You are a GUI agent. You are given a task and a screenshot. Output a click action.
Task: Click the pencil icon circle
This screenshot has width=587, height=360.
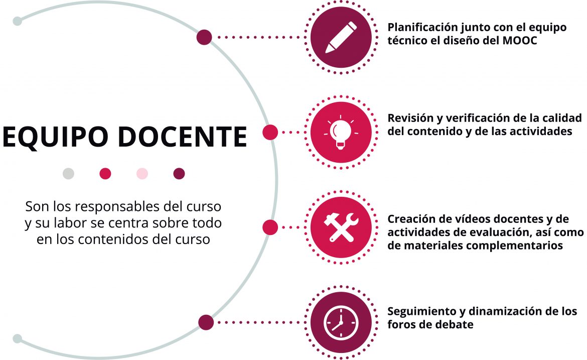coord(341,37)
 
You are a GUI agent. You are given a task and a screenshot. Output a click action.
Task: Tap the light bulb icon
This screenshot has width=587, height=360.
coord(341,132)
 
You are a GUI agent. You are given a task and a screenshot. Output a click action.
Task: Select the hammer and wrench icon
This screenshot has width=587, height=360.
coord(341,227)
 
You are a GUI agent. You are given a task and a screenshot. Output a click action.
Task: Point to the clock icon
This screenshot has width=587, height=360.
coord(341,322)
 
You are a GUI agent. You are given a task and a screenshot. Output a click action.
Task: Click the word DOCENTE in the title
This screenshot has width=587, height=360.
coord(182,137)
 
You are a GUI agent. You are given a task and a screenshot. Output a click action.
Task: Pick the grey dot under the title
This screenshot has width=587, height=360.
coord(69,173)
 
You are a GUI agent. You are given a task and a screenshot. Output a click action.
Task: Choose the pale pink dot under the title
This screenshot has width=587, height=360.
coord(142,173)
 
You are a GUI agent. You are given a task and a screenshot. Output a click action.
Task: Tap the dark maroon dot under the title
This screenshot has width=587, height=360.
coord(179,173)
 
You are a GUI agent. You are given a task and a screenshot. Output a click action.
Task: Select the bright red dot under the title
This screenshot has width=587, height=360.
coord(105,173)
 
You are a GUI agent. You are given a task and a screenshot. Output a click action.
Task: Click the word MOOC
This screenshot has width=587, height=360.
coord(520,41)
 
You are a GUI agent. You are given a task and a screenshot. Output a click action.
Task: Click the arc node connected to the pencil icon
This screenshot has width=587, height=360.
coord(204,37)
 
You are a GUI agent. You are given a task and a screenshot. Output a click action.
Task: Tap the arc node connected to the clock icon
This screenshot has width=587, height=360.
coord(206,322)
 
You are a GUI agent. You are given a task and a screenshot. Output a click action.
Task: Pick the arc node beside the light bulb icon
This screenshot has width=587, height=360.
coord(270,132)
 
